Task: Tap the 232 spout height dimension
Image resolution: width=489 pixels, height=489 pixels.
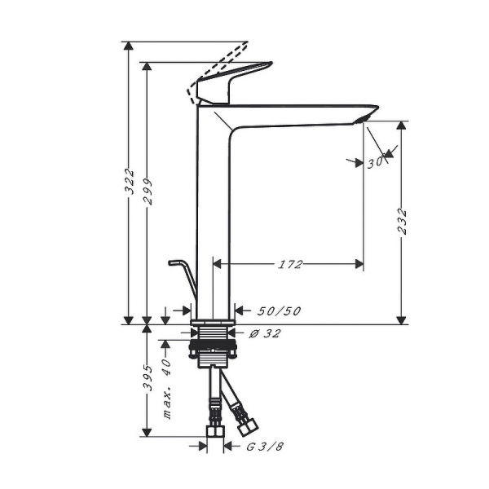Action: pos(401,222)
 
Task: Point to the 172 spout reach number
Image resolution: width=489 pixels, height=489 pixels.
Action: pos(291,264)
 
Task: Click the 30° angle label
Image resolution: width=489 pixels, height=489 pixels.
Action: pos(375,162)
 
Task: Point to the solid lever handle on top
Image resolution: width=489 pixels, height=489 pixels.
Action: pos(236,81)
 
